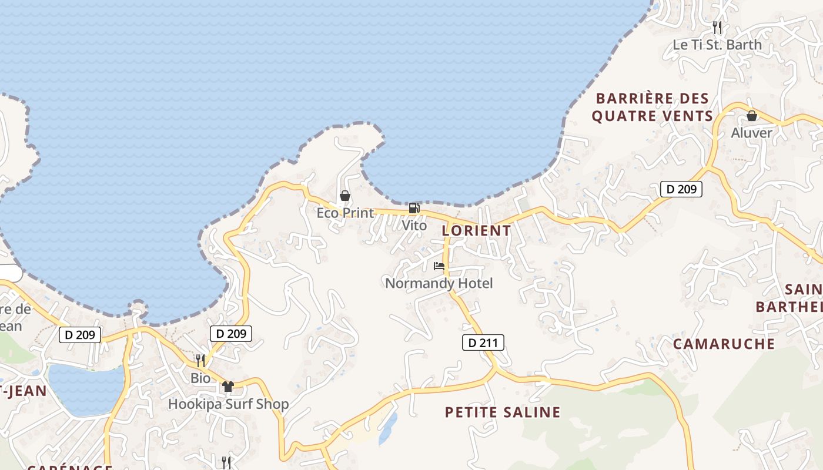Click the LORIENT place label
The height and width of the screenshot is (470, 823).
pos(476,231)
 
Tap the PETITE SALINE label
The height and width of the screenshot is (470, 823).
pos(503,412)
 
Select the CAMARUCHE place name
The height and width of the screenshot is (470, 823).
pos(724,344)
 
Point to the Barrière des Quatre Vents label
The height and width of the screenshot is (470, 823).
pos(653,107)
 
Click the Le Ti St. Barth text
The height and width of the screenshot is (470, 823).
pos(717,45)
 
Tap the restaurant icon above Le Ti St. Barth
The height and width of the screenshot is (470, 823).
pos(717,27)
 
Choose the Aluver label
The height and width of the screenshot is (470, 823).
pos(751,133)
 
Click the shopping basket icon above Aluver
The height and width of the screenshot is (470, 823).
pos(751,116)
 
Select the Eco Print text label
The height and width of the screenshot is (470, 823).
pos(345,213)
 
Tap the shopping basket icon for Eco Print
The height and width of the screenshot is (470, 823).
pos(345,196)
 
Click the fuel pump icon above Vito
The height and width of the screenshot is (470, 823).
pos(414,208)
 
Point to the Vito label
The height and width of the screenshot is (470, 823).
pos(414,225)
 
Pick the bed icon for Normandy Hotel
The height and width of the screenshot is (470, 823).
pos(439,266)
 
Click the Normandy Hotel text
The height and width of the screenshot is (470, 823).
pos(439,284)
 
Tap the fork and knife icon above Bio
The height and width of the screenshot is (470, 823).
pos(200,360)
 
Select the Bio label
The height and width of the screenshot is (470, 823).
pos(200,378)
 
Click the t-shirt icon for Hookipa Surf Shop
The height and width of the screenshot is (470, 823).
pos(228,387)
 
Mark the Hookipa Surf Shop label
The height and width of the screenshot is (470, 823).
pos(228,404)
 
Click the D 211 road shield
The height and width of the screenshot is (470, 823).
pos(483,343)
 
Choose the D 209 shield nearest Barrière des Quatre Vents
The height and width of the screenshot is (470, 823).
pos(681,189)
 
